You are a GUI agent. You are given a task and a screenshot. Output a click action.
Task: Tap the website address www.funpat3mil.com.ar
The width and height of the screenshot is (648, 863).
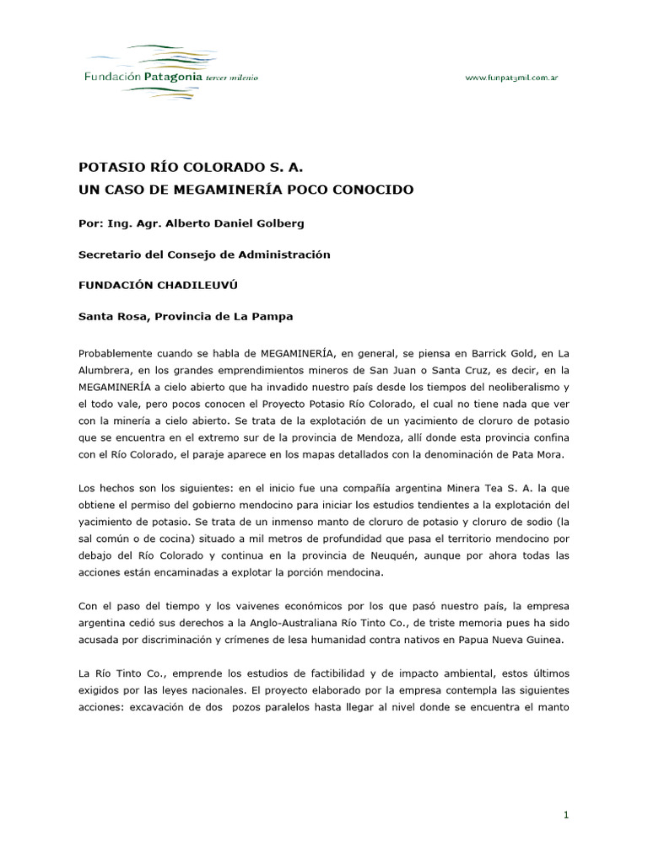tap(512, 78)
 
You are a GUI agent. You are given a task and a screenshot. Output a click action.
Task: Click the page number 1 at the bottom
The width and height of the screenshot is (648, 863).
tap(567, 814)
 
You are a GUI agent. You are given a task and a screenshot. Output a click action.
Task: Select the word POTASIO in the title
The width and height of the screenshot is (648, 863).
tap(110, 168)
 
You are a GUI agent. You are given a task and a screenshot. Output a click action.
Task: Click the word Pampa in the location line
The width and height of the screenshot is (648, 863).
tap(272, 316)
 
